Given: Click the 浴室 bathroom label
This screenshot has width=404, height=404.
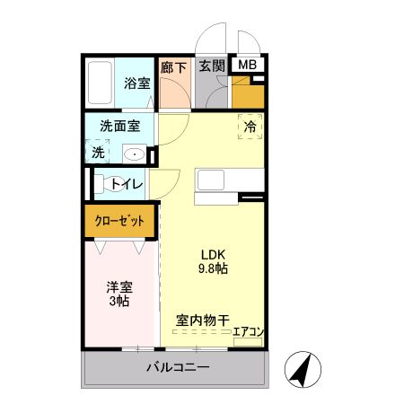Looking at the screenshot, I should coord(136,83).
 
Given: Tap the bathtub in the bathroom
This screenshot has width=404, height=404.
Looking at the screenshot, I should coord(101,83).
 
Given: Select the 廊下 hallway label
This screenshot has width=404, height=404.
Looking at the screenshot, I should coord(173,66).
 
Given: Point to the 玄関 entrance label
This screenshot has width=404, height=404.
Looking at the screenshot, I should coord(211,66).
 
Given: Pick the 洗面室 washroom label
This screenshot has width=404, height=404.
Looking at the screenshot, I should coord(119,127).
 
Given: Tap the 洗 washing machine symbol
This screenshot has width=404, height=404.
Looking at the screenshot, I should coord(98,153).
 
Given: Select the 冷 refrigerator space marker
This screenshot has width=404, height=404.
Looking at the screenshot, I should coord(250,127).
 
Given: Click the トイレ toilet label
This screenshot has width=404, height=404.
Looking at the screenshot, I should coord(127,185).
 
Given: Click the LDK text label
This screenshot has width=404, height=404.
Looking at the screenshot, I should coord(212,252).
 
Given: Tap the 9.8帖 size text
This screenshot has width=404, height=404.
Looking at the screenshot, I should coord(213,268).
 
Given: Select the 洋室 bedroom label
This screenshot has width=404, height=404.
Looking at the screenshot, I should coord(120,287).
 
